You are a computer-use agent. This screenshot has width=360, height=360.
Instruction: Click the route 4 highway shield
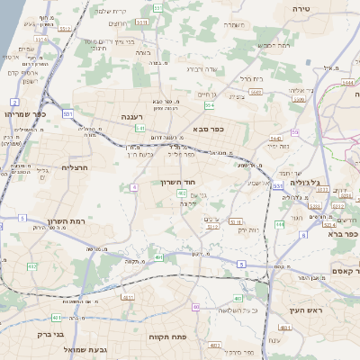134,187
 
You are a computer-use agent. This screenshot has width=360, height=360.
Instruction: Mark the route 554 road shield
209,104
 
